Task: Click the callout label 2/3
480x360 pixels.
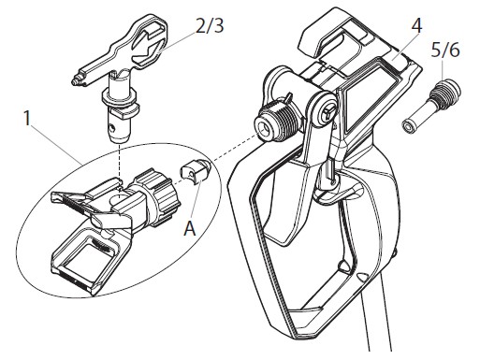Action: coord(210,25)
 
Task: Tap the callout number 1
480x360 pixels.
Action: coord(28,119)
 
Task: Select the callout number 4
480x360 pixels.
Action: coord(416,25)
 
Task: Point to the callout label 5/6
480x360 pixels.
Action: coord(445,50)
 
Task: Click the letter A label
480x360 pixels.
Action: coord(190,228)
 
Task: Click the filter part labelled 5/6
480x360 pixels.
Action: coord(430,107)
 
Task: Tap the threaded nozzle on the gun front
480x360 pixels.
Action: coord(275,122)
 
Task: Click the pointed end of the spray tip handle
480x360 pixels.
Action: coord(74,81)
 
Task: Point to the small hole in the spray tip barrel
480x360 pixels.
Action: coord(114,128)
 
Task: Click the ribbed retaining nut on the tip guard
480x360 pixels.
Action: coord(160,195)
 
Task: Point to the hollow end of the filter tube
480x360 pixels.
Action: coord(406,126)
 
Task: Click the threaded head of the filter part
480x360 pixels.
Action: coord(445,91)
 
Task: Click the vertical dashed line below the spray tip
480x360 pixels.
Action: coord(120,166)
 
